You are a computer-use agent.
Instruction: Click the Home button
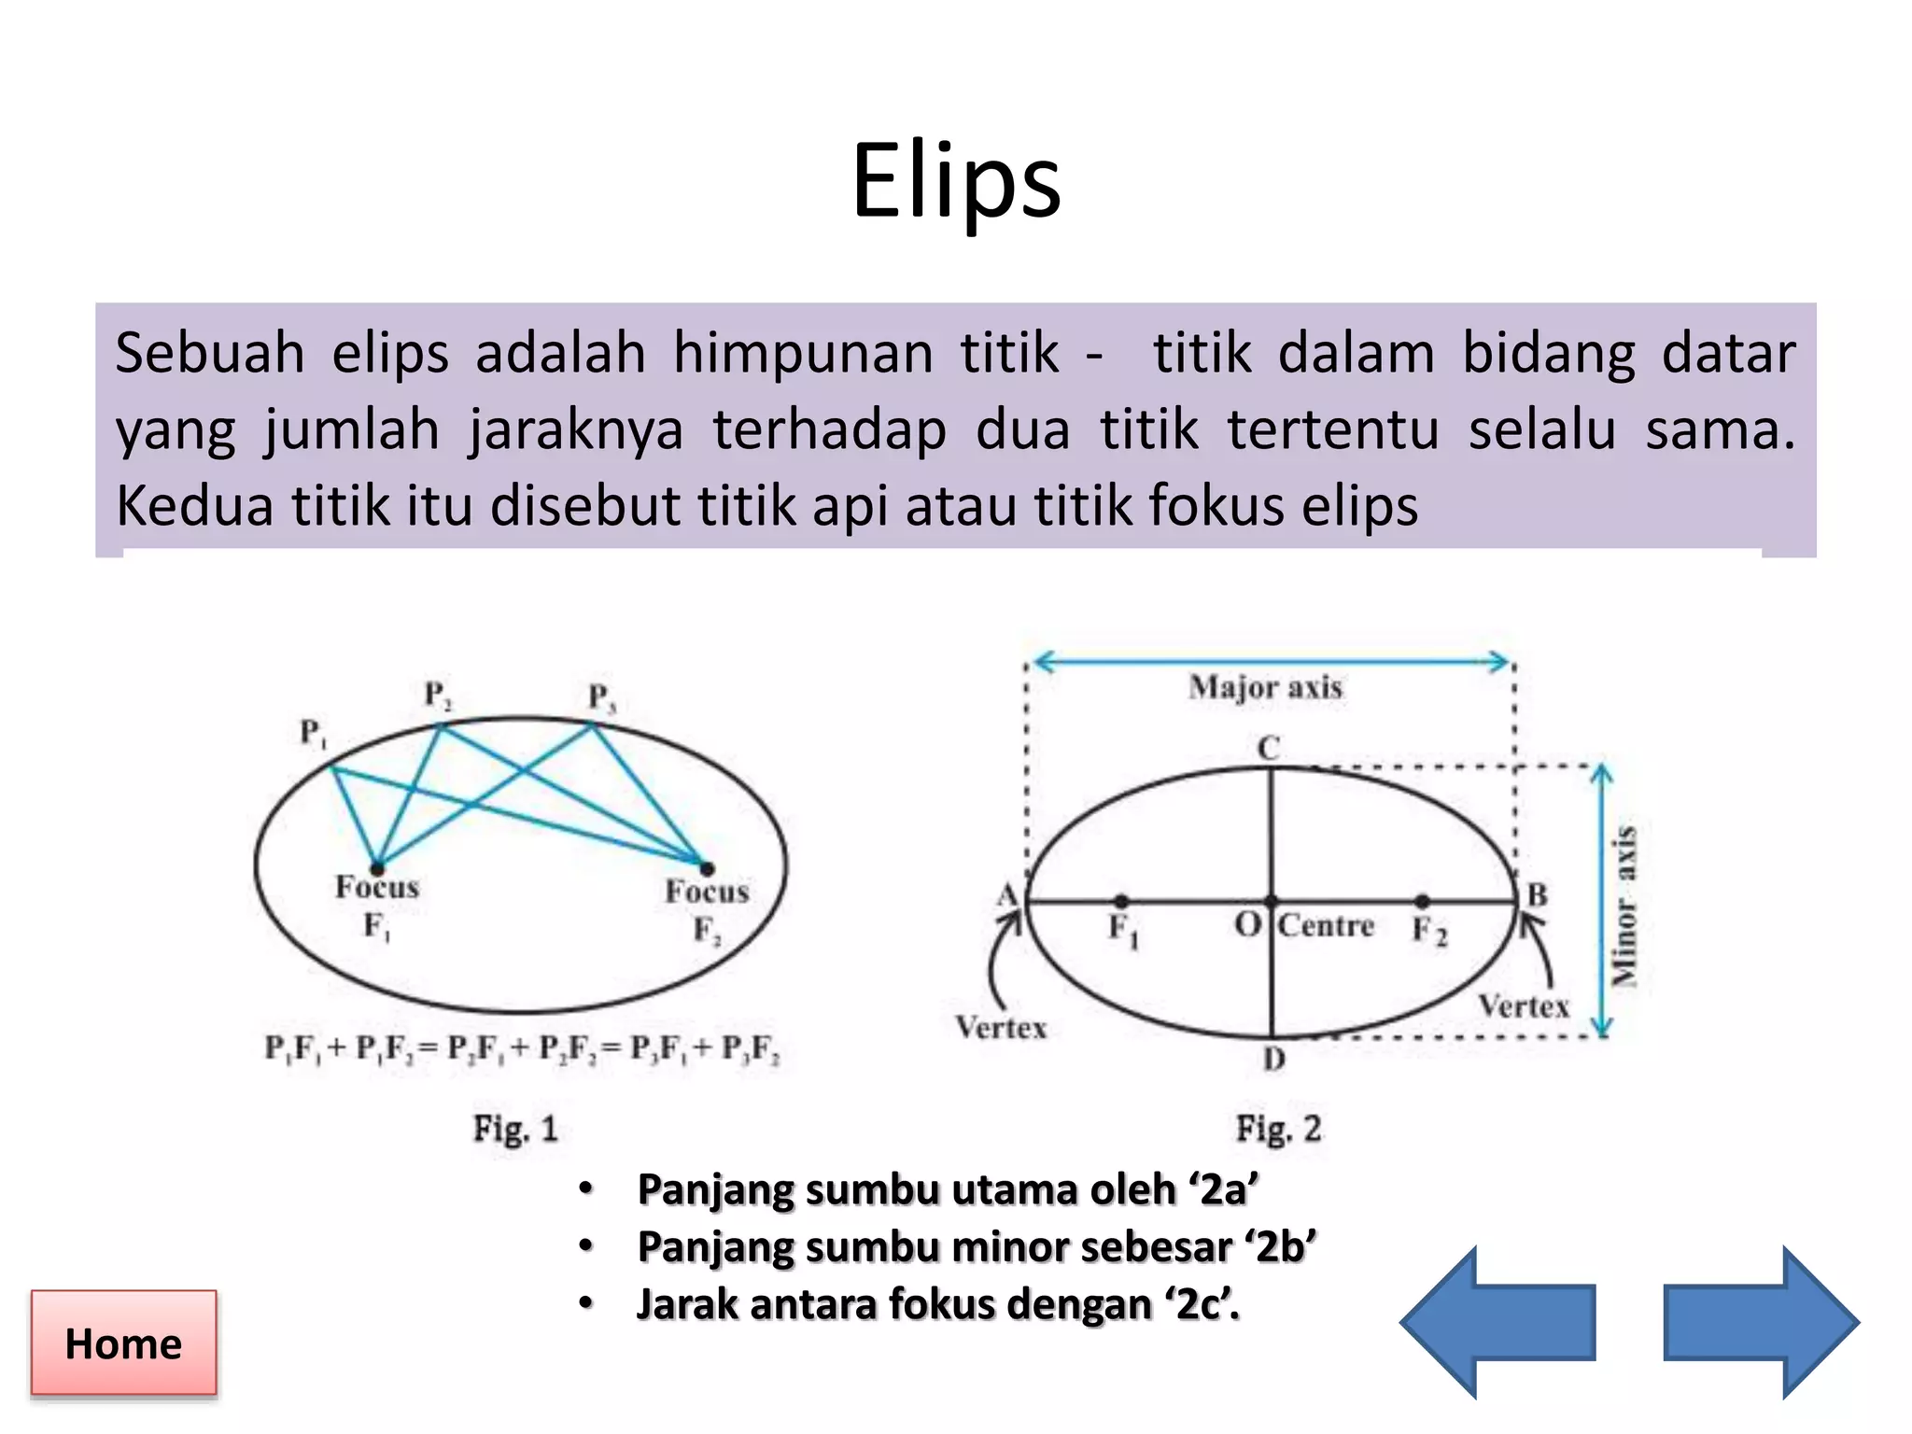(123, 1343)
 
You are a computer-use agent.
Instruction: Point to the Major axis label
(1265, 688)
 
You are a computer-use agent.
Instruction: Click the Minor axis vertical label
(1625, 905)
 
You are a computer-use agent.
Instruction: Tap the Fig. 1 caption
(515, 1129)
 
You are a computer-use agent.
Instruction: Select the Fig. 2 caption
(1278, 1129)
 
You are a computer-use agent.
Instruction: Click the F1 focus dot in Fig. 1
(377, 866)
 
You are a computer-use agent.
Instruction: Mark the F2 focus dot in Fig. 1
(707, 868)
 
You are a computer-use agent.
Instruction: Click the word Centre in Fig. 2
(1326, 926)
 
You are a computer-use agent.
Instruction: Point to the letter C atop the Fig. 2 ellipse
(1268, 748)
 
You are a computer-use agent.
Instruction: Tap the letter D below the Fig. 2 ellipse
(1274, 1059)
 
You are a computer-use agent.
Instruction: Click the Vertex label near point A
(1001, 1028)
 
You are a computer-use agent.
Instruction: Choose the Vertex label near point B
(1524, 1006)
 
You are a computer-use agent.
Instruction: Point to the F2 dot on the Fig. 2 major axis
(1422, 901)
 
